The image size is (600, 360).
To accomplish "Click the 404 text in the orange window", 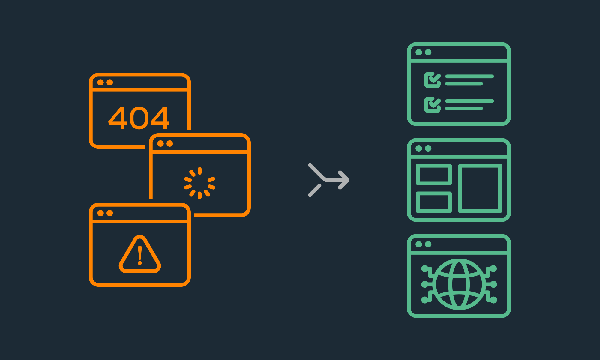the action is point(139,118).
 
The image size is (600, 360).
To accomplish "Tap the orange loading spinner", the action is point(199,183).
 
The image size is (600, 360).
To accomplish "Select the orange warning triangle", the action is point(140,254).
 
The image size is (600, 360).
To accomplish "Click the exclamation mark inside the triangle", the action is point(140,256).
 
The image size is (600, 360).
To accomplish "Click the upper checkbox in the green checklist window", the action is point(432,80).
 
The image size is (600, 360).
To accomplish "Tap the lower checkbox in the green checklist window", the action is point(432,105).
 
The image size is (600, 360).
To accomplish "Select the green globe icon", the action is point(459,284).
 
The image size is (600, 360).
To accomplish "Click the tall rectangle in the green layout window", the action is point(480,188).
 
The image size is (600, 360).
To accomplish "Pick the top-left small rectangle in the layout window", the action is point(434,174).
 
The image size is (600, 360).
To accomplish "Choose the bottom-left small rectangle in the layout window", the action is point(434,202).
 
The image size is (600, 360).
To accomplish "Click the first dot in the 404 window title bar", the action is point(100,82).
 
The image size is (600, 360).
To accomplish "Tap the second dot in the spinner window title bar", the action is point(170,143).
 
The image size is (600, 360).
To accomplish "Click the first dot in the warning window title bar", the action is point(100,213).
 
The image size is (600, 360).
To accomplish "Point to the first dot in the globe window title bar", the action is point(419,244).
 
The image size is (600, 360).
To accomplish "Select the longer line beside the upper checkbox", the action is point(469,76).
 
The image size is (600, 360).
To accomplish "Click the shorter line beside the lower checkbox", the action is point(464,108).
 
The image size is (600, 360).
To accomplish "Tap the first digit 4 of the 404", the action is point(117,118).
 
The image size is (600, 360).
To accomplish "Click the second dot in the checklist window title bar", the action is point(428,52).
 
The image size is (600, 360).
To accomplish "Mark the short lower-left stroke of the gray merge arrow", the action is point(315,190).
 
